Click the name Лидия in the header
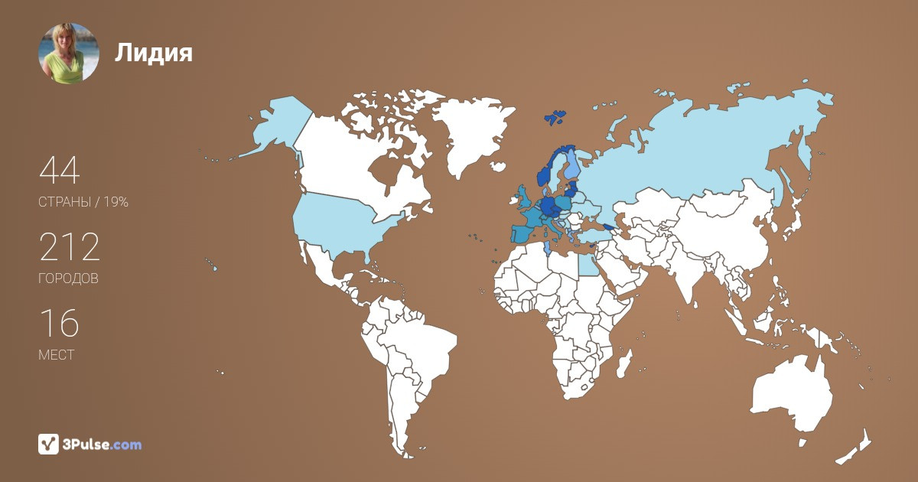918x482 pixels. [x=154, y=53]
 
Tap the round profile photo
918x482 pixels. [x=69, y=53]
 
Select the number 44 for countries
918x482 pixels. [x=59, y=171]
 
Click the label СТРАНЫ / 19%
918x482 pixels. [x=83, y=203]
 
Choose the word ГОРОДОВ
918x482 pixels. [x=68, y=279]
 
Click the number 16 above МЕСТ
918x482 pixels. [x=59, y=324]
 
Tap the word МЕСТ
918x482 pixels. [x=56, y=355]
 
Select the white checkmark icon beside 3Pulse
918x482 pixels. [x=48, y=445]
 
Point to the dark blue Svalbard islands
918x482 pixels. [x=555, y=117]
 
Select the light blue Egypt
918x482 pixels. [x=587, y=265]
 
